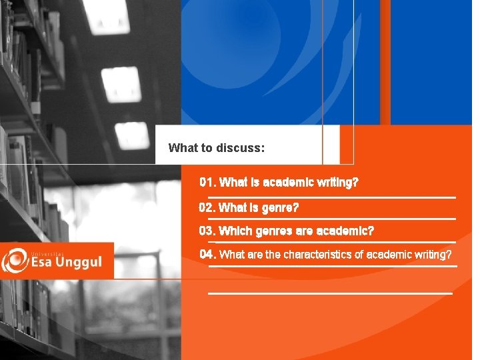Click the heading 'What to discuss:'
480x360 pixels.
(x=217, y=147)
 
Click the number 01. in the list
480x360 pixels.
(x=208, y=182)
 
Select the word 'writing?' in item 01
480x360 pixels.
(x=338, y=182)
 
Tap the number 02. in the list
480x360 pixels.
(x=208, y=207)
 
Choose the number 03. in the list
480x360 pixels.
(x=208, y=231)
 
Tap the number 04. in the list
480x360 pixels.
(x=208, y=254)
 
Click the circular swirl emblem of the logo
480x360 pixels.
(x=15, y=261)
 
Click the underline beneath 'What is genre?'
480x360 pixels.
(x=331, y=219)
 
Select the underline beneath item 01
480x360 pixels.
(x=331, y=197)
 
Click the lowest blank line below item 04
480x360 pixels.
(x=330, y=293)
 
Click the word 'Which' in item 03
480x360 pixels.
(x=236, y=231)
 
